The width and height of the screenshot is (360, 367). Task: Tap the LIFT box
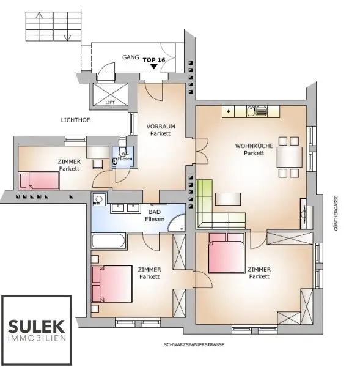[109, 95]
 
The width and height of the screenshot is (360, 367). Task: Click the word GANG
[130, 56]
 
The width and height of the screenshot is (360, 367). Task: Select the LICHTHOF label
[75, 120]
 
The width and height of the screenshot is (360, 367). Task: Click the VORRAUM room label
[161, 130]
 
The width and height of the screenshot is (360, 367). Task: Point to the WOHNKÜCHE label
[254, 149]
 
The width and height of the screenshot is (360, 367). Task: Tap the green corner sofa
[211, 206]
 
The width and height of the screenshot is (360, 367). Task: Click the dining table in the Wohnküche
[289, 158]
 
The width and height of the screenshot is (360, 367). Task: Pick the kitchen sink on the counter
[261, 111]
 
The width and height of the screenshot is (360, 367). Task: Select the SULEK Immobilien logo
[37, 329]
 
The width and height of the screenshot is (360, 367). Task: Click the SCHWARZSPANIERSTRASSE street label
[194, 344]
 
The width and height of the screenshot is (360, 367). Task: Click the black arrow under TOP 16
[154, 68]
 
